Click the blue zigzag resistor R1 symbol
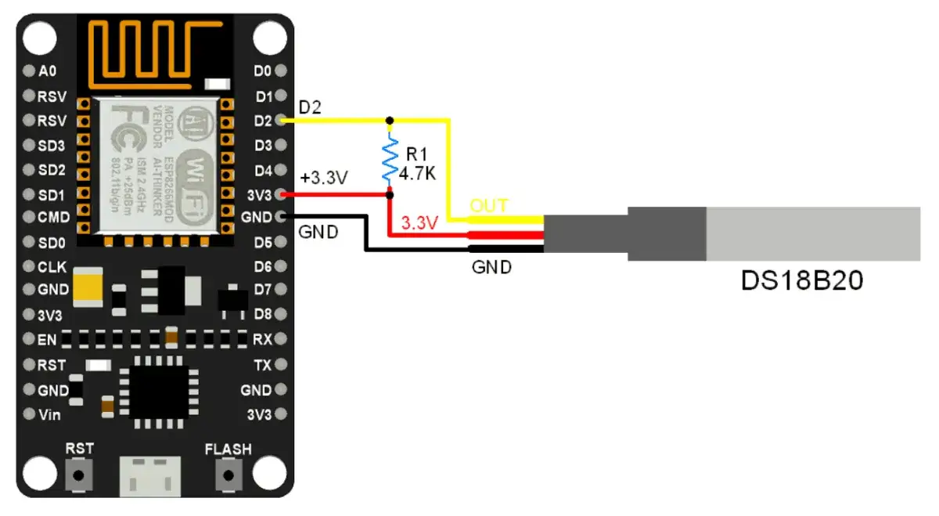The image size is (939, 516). click(389, 157)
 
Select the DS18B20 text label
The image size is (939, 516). click(801, 281)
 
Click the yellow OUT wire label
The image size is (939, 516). click(488, 207)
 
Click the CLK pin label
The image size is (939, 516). click(52, 266)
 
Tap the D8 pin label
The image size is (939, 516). click(263, 314)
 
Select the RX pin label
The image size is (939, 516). click(262, 340)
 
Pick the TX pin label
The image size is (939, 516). click(262, 365)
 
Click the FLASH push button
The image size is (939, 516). click(228, 474)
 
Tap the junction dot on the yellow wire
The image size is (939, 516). click(389, 121)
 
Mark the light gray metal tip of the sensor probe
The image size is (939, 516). click(814, 233)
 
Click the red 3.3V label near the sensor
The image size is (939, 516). click(419, 223)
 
